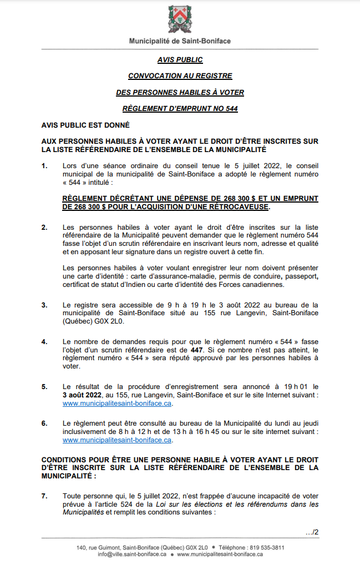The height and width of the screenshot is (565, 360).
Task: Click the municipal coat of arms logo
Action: tap(180, 19)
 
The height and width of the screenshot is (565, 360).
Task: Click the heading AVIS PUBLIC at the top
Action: tap(180, 60)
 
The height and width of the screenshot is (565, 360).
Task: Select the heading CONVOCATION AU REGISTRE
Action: tap(180, 76)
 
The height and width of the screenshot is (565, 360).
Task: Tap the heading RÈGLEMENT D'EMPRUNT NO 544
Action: tap(180, 109)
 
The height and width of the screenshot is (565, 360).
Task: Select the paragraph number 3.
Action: tap(44, 305)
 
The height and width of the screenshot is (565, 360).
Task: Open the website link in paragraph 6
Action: tap(117, 440)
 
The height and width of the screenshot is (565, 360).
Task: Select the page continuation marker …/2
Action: tap(312, 533)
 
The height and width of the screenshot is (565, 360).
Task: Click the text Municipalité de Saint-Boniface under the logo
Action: tap(180, 41)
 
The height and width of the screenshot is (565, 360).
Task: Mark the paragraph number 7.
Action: tap(44, 496)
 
